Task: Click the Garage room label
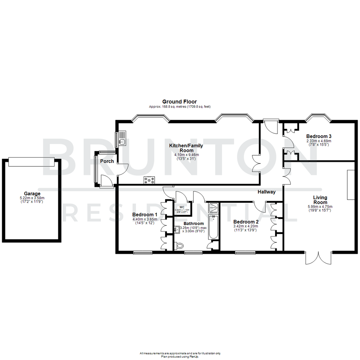coord(32,193)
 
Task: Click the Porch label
coord(107,161)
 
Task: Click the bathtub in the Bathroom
coord(213,227)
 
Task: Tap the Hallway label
coord(266,192)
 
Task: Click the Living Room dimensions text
coord(320,209)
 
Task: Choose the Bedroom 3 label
coord(319,136)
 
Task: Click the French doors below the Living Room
coord(319,257)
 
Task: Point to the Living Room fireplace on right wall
coord(351,185)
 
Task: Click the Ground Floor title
coord(179,102)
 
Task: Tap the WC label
coord(182,207)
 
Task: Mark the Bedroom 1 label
coord(145,214)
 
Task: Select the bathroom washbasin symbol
coord(176,229)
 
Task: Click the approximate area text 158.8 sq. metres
coord(180,107)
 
